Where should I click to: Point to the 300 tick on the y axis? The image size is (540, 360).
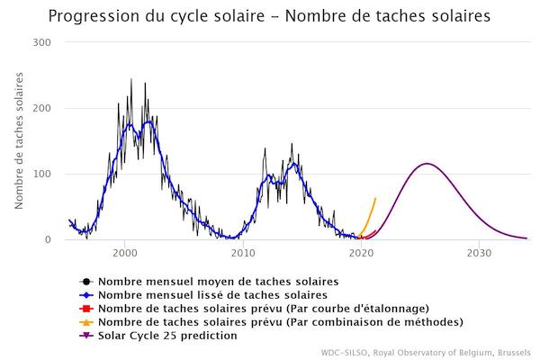[x=41, y=43]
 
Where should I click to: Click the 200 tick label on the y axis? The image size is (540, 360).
[x=41, y=109]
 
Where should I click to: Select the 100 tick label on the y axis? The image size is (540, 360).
[x=41, y=175]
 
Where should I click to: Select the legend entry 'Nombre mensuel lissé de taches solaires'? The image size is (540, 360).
[x=211, y=294]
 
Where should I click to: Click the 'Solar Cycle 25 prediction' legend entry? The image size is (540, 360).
[x=168, y=335]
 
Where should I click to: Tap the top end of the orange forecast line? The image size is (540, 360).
[x=375, y=198]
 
